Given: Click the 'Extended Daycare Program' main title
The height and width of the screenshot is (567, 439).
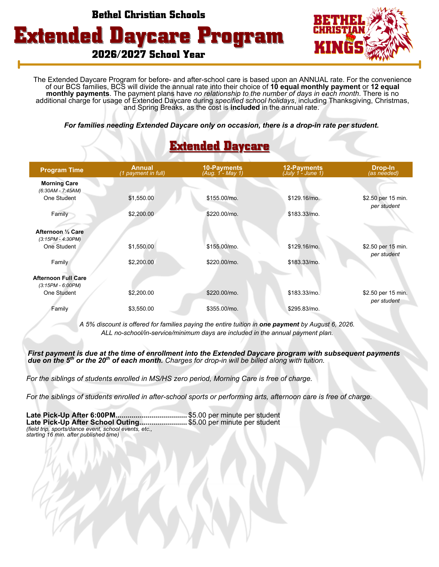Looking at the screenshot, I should [x=149, y=36].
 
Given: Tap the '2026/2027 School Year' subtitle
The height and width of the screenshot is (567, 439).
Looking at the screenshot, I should [x=148, y=54].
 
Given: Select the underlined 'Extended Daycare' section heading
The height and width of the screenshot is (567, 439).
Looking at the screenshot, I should [x=219, y=146].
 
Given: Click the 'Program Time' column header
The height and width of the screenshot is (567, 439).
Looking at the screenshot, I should [x=62, y=170].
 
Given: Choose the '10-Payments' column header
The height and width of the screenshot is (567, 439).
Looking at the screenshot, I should [x=222, y=168].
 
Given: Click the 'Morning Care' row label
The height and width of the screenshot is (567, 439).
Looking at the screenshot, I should [x=59, y=184].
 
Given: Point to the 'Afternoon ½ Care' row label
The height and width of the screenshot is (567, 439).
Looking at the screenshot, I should [x=59, y=232].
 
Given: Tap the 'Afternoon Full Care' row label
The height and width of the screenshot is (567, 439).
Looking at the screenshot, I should [x=59, y=278].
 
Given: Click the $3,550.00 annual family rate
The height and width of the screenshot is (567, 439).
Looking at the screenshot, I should [x=141, y=309].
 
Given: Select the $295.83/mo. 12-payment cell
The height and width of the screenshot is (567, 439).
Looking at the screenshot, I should [x=303, y=309].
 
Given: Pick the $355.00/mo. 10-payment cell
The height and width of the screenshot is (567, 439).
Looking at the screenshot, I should [x=222, y=309].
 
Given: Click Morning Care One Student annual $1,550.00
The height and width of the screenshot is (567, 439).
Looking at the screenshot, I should [x=141, y=198].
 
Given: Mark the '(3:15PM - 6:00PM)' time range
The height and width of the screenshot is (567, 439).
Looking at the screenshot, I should [x=60, y=285].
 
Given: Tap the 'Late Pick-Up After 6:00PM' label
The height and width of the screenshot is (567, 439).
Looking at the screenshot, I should [x=71, y=415].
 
